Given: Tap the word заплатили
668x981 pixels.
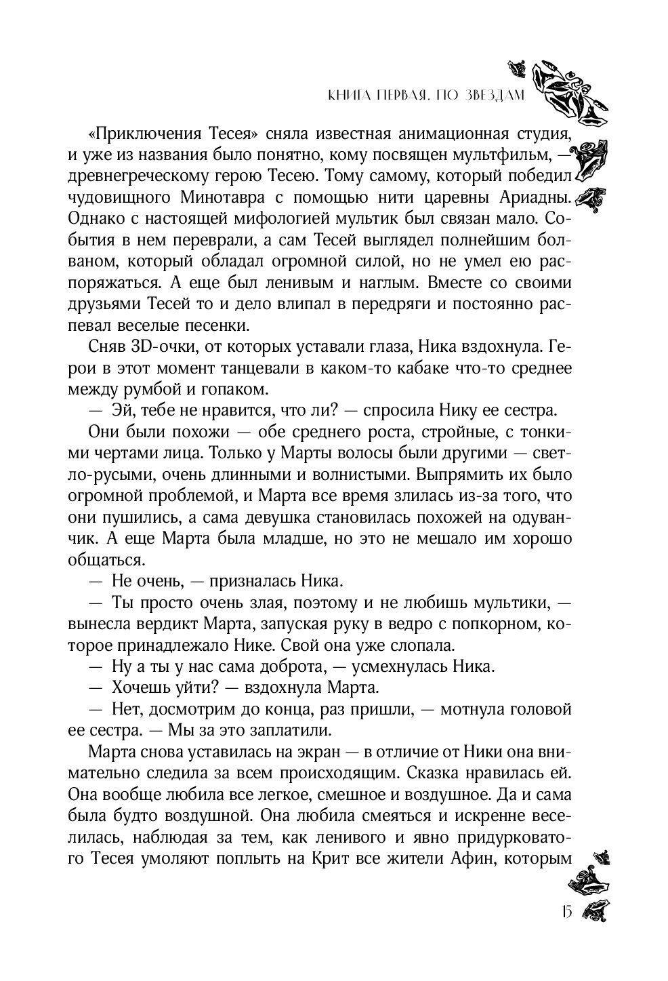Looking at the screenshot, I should (x=293, y=732).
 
